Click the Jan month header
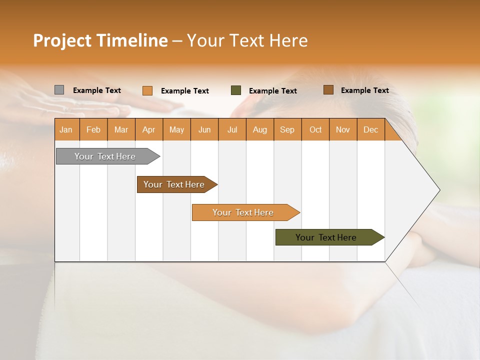[66, 129]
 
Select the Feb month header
[93, 129]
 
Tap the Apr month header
[148, 129]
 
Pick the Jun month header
[204, 129]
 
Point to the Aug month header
[259, 129]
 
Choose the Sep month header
[287, 129]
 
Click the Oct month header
[315, 129]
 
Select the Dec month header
[370, 129]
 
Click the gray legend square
[59, 90]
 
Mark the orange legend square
[147, 90]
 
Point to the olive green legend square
[236, 90]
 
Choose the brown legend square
[328, 90]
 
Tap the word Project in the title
[62, 40]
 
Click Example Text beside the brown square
[364, 90]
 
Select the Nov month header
[343, 129]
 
